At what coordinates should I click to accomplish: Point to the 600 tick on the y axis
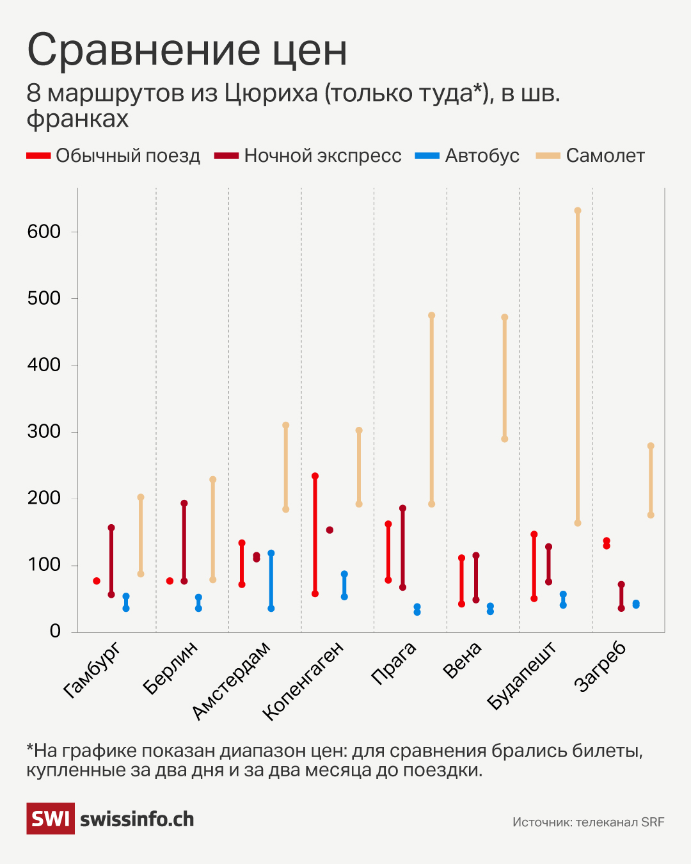pyautogui.click(x=44, y=232)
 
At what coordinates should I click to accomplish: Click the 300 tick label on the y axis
pyautogui.click(x=44, y=431)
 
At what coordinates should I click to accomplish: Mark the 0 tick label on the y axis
pyautogui.click(x=55, y=631)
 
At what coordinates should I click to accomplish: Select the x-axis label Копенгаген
pyautogui.click(x=304, y=681)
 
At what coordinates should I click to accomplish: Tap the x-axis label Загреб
pyautogui.click(x=600, y=666)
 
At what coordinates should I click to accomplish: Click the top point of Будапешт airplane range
pyautogui.click(x=578, y=211)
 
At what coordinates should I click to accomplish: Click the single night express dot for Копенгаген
pyautogui.click(x=330, y=530)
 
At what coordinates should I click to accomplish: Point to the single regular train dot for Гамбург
pyautogui.click(x=97, y=581)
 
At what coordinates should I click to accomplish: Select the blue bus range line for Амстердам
pyautogui.click(x=271, y=580)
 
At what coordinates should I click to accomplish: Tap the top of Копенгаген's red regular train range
pyautogui.click(x=315, y=476)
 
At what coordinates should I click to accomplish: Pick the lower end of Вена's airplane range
pyautogui.click(x=505, y=439)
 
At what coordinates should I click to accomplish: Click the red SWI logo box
pyautogui.click(x=50, y=819)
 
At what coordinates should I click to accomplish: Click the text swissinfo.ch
pyautogui.click(x=137, y=819)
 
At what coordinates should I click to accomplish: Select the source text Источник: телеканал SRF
pyautogui.click(x=588, y=822)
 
